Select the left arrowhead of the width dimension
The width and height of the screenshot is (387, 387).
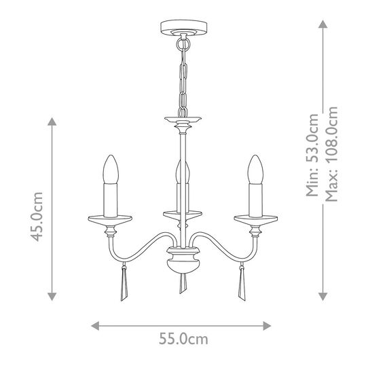click(96, 325)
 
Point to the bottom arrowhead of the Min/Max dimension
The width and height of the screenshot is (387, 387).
click(322, 296)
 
